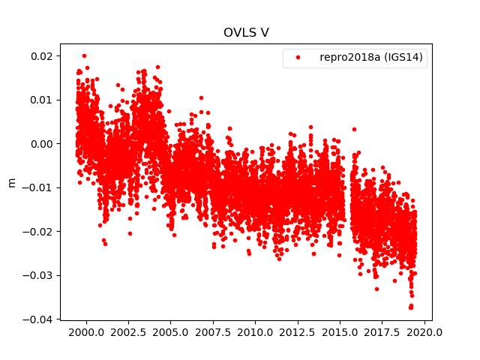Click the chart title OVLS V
pyautogui.click(x=246, y=33)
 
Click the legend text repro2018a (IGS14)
pyautogui.click(x=373, y=58)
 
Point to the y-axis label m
pyautogui.click(x=11, y=182)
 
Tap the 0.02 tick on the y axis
pyautogui.click(x=41, y=56)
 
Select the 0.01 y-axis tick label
pyautogui.click(x=41, y=100)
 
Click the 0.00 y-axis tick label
pyautogui.click(x=41, y=144)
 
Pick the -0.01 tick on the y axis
pyautogui.click(x=38, y=187)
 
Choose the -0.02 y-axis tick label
pyautogui.click(x=38, y=232)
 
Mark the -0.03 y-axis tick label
pyautogui.click(x=38, y=275)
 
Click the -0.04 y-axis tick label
pyautogui.click(x=38, y=319)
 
